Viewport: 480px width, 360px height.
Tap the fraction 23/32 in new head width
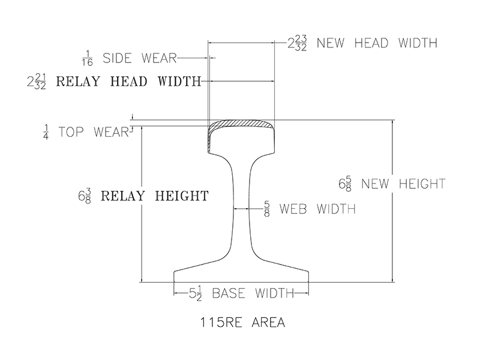(302, 43)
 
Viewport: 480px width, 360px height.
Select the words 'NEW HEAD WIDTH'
(376, 43)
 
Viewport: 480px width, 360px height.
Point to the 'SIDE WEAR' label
(139, 59)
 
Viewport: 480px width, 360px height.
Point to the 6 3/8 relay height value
(85, 196)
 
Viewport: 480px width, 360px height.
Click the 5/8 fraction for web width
(267, 209)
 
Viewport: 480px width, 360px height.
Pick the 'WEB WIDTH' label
(317, 209)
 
